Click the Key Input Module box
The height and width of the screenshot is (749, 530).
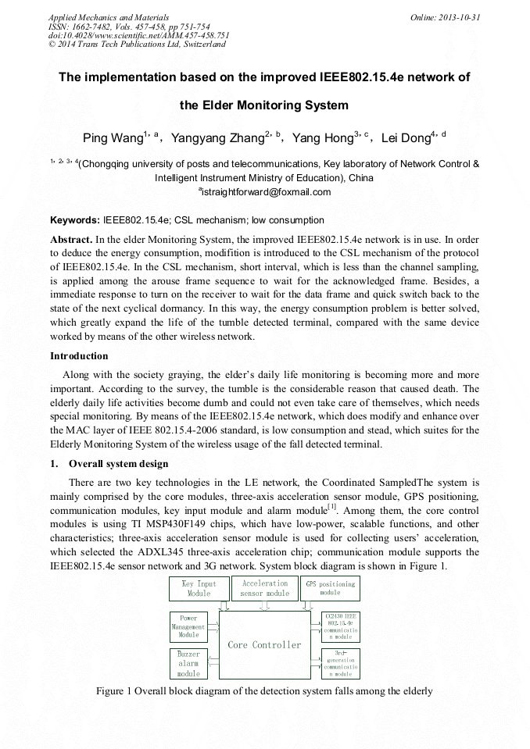pos(199,588)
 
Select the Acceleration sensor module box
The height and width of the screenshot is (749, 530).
pos(265,588)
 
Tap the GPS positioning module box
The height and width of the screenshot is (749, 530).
pos(329,588)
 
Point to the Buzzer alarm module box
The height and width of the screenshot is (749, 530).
pos(188,664)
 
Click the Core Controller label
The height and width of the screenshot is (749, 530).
pos(264,645)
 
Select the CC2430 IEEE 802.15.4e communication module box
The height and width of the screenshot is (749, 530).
pos(340,626)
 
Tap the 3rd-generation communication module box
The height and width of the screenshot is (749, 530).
pos(340,663)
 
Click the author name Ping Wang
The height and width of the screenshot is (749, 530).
pos(113,139)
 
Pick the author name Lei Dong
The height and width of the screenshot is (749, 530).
pos(406,139)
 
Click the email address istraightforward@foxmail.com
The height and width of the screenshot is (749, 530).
pos(266,192)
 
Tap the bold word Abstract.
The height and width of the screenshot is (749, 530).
pos(72,237)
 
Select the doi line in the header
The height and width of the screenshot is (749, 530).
pos(139,35)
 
